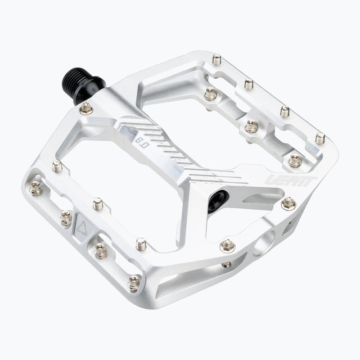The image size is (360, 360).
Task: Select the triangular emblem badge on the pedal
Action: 83,228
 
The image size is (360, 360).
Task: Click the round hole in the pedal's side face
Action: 264,243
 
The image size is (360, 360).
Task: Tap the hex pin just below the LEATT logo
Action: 288,204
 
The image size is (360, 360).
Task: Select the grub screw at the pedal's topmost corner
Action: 216,59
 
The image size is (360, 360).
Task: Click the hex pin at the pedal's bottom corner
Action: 134,283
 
